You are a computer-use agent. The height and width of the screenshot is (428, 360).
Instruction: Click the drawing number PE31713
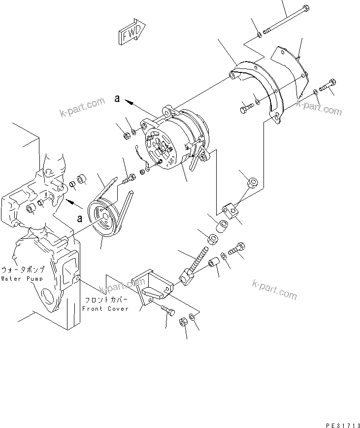(x=339, y=423)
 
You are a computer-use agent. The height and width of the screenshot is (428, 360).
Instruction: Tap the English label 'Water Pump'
(x=22, y=278)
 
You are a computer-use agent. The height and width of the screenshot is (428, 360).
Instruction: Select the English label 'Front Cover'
(x=105, y=309)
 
